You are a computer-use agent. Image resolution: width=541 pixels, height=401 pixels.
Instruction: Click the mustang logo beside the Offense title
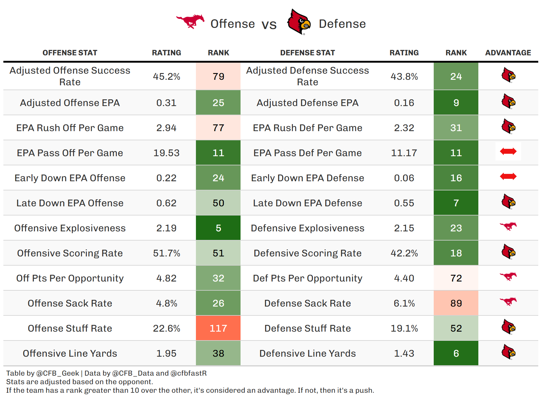[x=190, y=21]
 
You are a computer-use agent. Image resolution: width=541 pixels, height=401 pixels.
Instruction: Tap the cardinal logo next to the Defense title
[x=299, y=22]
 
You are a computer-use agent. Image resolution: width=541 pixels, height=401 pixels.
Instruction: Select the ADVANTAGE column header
[x=508, y=53]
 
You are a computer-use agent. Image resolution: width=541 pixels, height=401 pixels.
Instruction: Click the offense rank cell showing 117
[x=218, y=328]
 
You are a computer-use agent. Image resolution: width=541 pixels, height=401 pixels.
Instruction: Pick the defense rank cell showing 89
[x=456, y=303]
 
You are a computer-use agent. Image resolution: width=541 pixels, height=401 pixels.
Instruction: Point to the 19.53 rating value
[x=166, y=153]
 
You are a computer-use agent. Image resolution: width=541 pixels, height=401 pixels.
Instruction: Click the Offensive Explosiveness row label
[x=70, y=228]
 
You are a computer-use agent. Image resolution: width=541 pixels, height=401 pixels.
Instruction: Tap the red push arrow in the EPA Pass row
[x=508, y=151]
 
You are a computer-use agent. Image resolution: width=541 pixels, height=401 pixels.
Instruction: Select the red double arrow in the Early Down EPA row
[x=508, y=176]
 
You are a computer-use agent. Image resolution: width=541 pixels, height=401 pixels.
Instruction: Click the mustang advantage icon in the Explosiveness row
[x=508, y=226]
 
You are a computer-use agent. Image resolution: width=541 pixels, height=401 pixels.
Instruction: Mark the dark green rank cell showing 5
[x=218, y=228]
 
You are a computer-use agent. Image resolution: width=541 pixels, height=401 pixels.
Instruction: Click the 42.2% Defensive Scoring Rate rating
[x=404, y=253]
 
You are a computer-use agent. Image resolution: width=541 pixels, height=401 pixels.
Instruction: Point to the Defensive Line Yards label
[x=307, y=353]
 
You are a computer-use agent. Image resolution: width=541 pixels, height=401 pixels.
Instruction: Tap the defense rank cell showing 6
[x=456, y=353]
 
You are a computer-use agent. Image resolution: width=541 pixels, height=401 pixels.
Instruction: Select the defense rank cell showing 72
[x=456, y=278]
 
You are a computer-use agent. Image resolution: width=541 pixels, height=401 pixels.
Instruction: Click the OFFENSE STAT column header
[x=70, y=53]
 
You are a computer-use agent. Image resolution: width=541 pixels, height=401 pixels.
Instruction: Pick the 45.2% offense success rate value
[x=166, y=76]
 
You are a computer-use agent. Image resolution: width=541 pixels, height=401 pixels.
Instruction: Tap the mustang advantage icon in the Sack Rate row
[x=508, y=301]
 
